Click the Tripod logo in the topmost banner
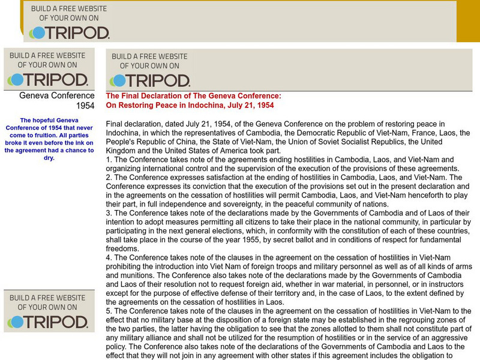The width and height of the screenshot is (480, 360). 70,32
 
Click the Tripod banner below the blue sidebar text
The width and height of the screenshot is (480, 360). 48,310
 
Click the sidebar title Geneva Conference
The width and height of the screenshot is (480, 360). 57,95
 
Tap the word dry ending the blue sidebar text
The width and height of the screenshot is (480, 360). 49,158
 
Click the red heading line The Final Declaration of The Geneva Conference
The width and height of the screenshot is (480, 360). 193,96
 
